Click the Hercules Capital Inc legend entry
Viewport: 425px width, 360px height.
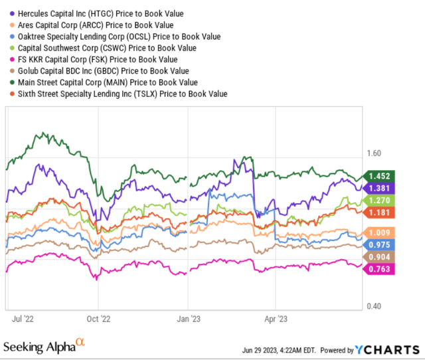point(100,13)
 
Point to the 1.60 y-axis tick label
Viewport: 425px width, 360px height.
point(375,153)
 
